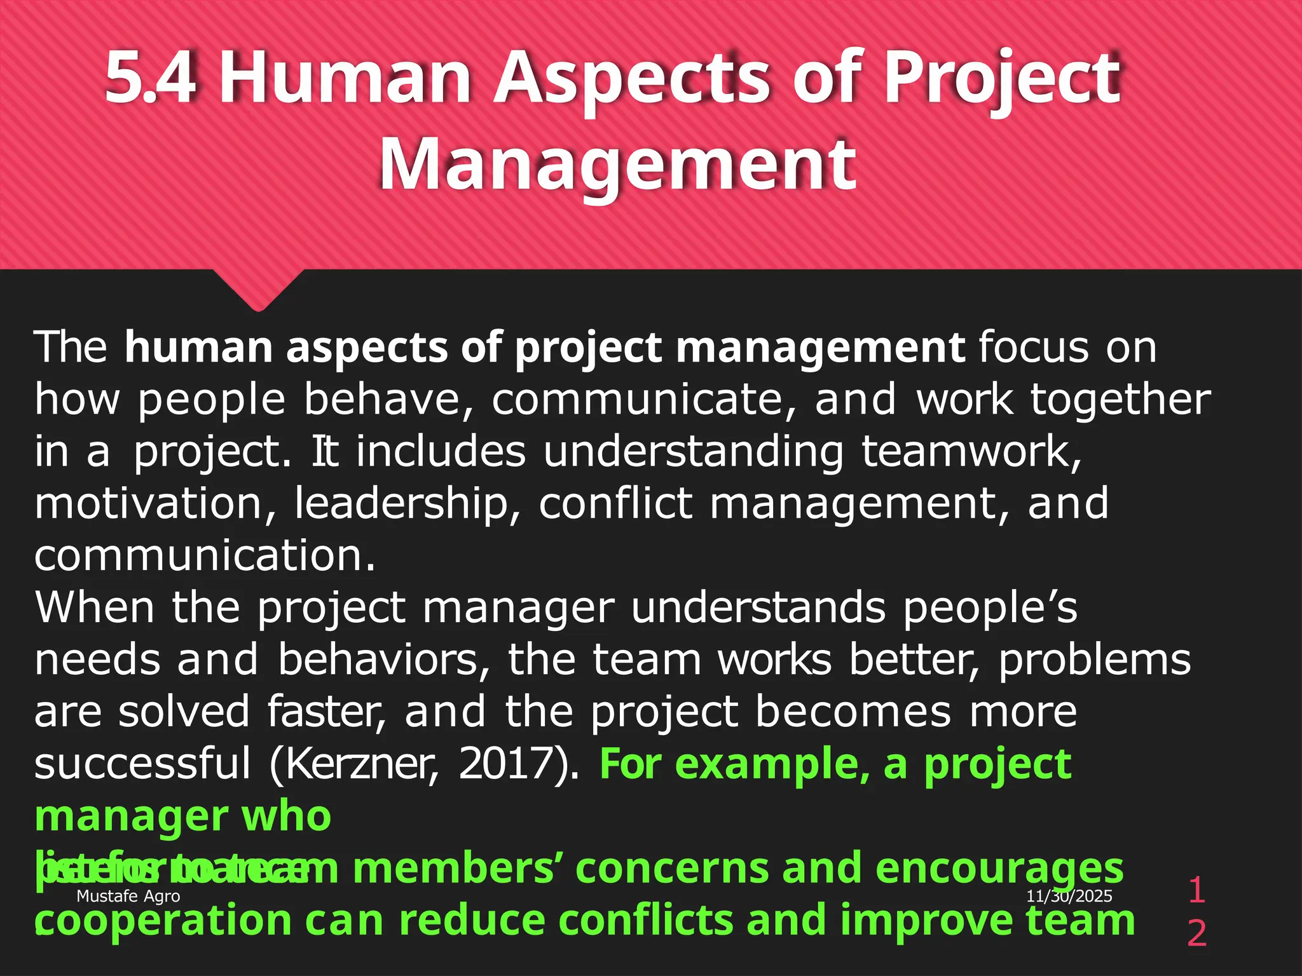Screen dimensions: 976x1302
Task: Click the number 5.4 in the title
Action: [x=151, y=78]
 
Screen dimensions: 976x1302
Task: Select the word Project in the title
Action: [x=1001, y=78]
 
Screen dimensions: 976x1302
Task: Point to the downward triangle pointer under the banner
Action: [x=258, y=289]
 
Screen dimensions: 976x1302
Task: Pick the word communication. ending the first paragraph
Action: [x=205, y=555]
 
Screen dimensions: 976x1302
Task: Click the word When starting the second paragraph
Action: [x=94, y=607]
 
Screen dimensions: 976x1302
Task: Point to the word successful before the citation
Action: [x=142, y=764]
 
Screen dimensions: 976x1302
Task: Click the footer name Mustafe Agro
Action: [x=128, y=896]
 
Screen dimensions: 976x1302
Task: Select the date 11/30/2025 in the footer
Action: [x=1069, y=896]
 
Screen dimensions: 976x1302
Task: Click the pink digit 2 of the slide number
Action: [x=1196, y=933]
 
